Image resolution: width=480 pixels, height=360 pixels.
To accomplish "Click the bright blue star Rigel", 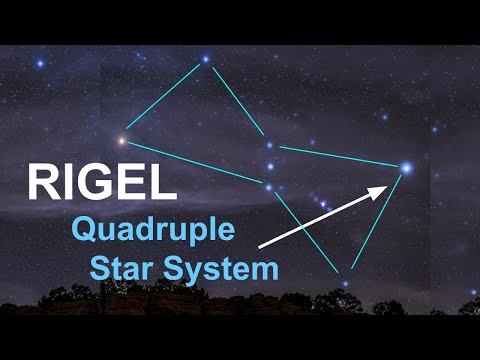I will click(406, 168).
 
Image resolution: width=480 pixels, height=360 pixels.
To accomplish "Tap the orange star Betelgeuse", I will click(123, 140).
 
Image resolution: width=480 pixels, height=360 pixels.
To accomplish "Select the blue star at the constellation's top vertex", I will click(205, 59).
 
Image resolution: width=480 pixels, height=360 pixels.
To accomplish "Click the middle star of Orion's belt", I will click(269, 167).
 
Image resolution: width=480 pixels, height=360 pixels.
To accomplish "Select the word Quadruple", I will click(154, 232).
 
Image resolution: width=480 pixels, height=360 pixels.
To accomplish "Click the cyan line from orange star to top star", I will click(164, 99).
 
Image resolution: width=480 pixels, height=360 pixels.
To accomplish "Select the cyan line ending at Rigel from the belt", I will click(340, 158).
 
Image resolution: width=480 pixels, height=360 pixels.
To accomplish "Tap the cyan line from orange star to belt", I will click(195, 163).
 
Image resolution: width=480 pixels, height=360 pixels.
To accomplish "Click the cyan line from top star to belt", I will click(238, 103).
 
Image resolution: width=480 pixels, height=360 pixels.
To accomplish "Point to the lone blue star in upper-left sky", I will click(41, 64).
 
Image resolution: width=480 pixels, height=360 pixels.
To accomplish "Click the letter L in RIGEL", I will click(164, 183).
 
